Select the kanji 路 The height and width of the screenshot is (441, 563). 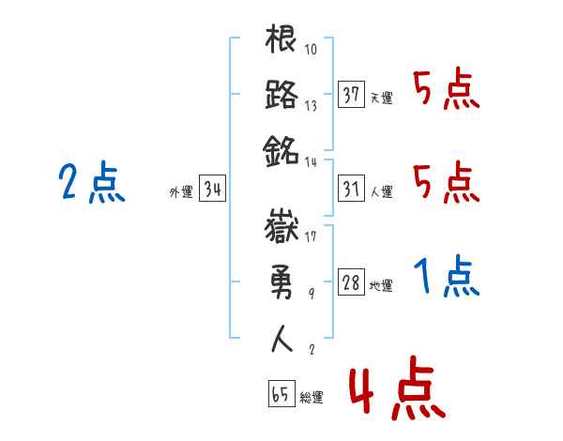click(282, 96)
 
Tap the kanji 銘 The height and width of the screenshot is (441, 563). click(282, 148)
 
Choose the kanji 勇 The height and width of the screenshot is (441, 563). click(282, 281)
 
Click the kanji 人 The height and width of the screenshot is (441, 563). click(282, 337)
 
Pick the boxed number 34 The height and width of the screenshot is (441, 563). click(213, 189)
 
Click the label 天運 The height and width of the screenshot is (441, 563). click(381, 98)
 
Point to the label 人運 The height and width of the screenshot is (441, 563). click(381, 191)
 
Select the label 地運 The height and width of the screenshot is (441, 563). click(381, 285)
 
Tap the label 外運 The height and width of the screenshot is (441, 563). click(181, 191)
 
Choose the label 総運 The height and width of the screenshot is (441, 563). click(312, 398)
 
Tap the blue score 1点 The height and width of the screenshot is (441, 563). click(447, 276)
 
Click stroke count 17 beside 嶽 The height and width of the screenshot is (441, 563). click(311, 236)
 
